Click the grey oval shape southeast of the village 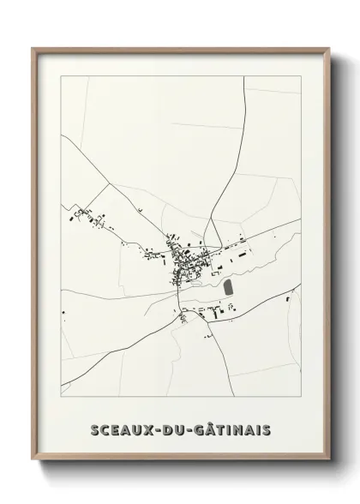[x=229, y=290]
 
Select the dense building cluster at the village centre [x=182, y=257]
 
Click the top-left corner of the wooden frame [x=33, y=48]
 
